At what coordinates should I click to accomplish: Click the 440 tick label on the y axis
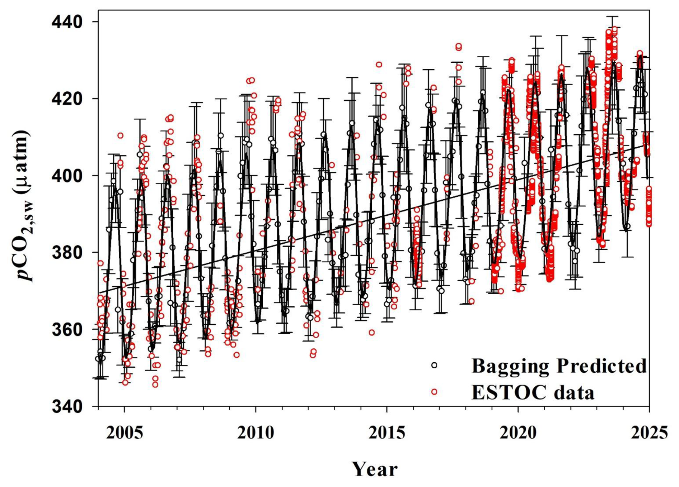tap(67, 22)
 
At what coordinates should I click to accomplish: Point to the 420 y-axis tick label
tap(67, 99)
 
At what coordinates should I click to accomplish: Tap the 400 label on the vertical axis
tap(67, 176)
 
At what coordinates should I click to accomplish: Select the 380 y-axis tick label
tap(67, 253)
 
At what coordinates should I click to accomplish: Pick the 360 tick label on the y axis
tap(67, 330)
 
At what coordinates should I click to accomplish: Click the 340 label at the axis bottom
tap(67, 406)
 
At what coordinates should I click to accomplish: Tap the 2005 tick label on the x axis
tap(124, 433)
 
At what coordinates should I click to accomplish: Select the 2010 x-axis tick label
tap(256, 433)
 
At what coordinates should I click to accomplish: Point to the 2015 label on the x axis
tap(387, 433)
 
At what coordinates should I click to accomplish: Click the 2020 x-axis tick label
tap(518, 433)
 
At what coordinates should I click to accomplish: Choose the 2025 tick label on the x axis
tap(649, 433)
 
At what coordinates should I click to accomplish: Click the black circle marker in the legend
tap(434, 365)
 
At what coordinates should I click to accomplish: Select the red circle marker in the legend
tap(434, 392)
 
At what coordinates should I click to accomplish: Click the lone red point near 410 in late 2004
tap(120, 135)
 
